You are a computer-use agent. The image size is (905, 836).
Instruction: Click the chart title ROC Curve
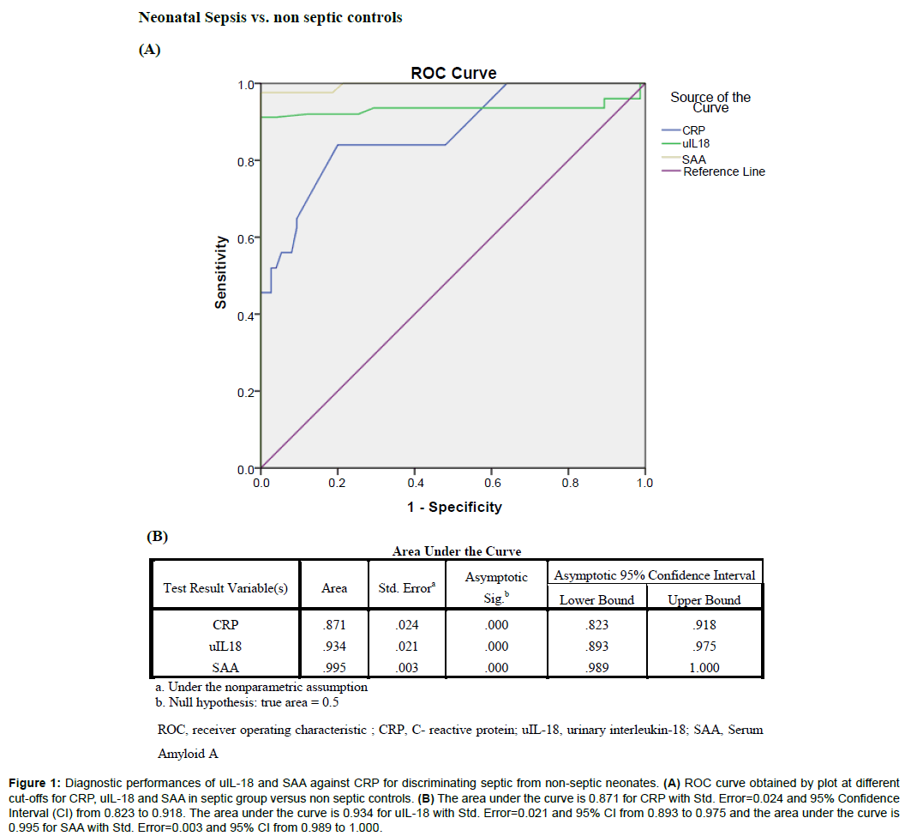453,73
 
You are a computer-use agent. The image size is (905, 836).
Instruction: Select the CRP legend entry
693,130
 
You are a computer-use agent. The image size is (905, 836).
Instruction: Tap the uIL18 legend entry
696,143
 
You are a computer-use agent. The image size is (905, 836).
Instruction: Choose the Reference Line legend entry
723,171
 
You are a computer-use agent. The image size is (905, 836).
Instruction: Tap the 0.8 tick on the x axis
568,483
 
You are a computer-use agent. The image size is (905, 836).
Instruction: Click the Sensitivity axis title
220,272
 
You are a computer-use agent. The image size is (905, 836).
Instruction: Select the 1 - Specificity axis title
453,507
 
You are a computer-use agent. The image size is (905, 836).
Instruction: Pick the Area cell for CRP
334,626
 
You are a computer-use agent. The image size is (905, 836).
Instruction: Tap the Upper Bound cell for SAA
704,668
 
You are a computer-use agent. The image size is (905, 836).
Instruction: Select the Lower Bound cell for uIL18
596,647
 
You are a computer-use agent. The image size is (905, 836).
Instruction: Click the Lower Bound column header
596,599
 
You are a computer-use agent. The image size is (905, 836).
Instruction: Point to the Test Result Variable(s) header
225,588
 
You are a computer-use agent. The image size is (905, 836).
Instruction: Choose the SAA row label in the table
225,668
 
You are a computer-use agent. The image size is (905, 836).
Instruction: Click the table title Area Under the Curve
456,551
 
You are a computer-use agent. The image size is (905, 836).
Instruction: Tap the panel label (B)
157,537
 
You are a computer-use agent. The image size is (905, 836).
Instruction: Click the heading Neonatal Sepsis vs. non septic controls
270,17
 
